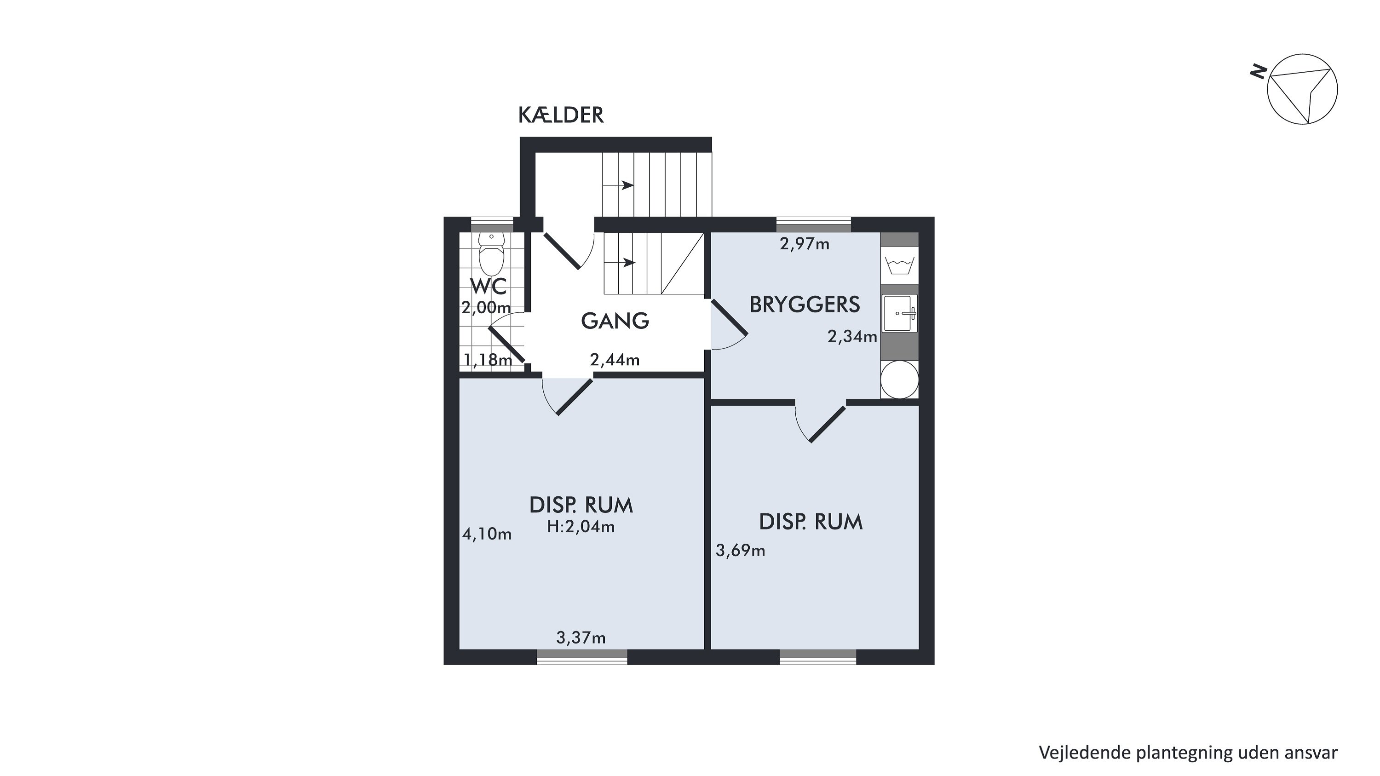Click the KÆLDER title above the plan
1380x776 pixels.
tap(561, 115)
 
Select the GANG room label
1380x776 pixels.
tap(615, 321)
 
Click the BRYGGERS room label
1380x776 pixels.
tap(805, 305)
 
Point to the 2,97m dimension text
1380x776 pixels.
tap(805, 244)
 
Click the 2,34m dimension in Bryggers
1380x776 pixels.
tap(852, 336)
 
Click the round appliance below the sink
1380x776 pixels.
tap(899, 379)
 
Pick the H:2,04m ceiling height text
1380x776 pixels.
tap(581, 527)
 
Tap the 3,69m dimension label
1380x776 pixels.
tap(740, 550)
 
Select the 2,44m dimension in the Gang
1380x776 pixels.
tap(615, 360)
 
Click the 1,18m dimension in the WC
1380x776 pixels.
tap(488, 360)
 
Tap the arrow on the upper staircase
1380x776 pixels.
tap(618, 186)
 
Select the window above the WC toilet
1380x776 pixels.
tap(491, 224)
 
